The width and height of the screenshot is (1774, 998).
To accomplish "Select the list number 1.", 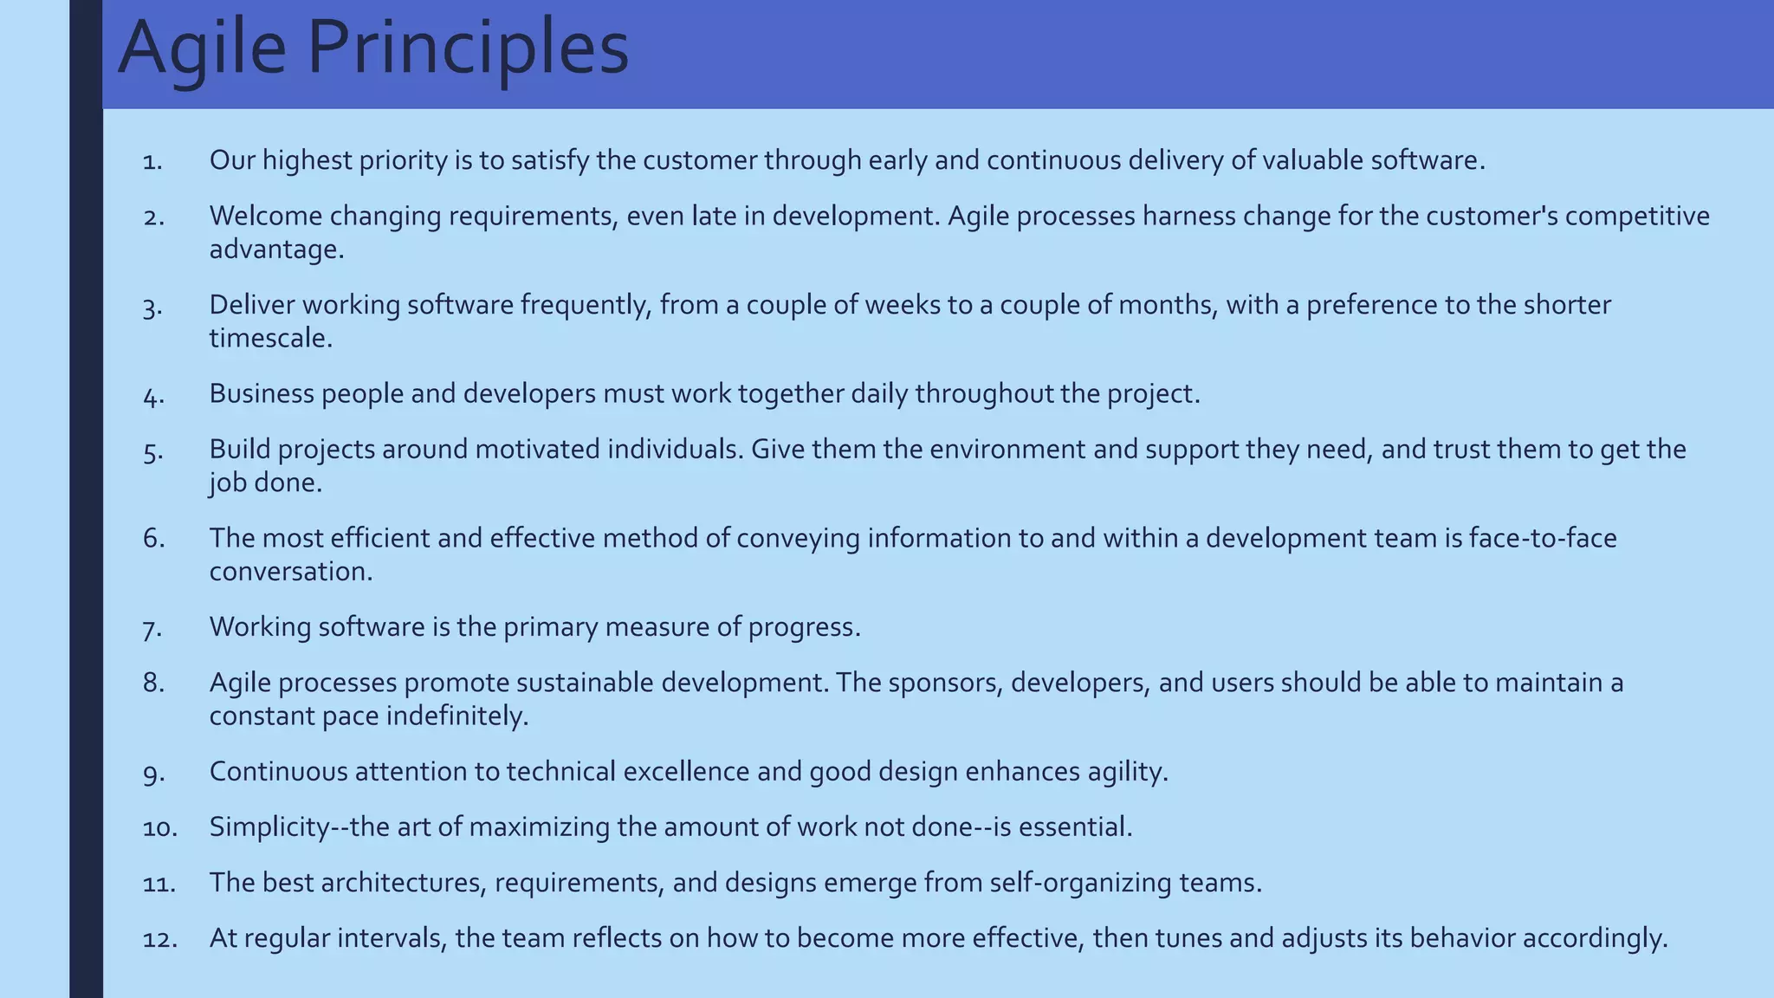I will pyautogui.click(x=152, y=161).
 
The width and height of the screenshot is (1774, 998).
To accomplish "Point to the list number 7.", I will pyautogui.click(x=152, y=628).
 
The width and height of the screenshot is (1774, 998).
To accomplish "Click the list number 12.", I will pyautogui.click(x=159, y=939).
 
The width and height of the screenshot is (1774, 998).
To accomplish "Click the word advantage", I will pyautogui.click(x=276, y=249).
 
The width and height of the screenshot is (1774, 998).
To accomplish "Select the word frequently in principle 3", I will pyautogui.click(x=586, y=305).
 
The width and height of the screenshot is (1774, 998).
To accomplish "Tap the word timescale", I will pyautogui.click(x=270, y=338).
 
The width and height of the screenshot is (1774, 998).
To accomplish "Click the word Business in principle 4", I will pyautogui.click(x=262, y=394).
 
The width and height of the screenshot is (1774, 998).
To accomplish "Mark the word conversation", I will pyautogui.click(x=291, y=572).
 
